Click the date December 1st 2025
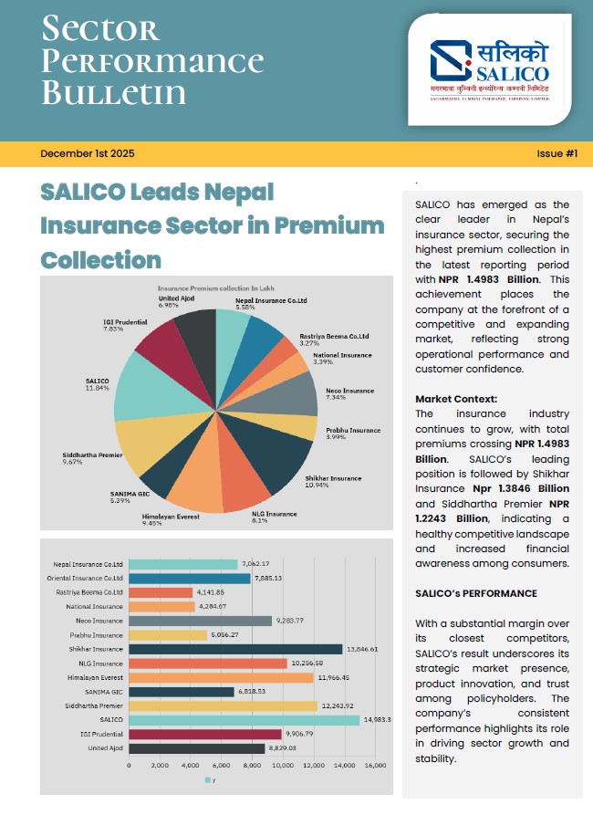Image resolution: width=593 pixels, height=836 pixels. [x=87, y=153]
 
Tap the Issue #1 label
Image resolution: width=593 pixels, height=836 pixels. [x=557, y=153]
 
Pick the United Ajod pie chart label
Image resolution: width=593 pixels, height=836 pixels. [x=179, y=302]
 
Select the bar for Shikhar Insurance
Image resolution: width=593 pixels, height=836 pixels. [x=235, y=649]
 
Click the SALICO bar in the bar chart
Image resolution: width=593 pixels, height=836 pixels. [x=244, y=719]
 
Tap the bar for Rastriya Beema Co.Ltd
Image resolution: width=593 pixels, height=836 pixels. [x=161, y=592]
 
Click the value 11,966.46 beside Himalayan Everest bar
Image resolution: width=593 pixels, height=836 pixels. [x=333, y=677]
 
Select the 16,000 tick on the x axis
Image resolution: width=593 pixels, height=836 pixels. [x=374, y=765]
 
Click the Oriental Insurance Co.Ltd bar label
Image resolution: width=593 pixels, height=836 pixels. [x=88, y=578]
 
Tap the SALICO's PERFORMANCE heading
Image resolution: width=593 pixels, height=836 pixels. [x=475, y=593]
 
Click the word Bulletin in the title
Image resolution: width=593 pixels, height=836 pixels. [x=113, y=93]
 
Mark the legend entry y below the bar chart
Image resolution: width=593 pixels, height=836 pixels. [x=210, y=780]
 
